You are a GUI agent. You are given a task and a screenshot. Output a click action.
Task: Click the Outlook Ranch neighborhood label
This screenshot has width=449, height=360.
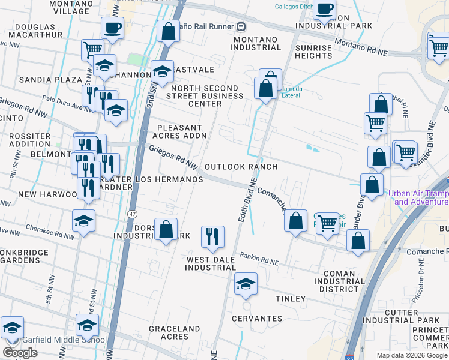tap(241, 167)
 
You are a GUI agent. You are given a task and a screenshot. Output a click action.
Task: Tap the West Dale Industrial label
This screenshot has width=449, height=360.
tap(215, 263)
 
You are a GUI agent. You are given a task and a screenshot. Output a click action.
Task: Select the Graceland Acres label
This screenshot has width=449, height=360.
tap(174, 332)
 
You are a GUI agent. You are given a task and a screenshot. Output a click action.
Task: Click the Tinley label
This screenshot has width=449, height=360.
tap(291, 299)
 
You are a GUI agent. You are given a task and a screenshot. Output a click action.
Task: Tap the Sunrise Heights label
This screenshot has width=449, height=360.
tap(313, 52)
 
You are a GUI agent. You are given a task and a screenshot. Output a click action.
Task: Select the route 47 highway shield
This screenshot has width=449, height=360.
tap(131, 214)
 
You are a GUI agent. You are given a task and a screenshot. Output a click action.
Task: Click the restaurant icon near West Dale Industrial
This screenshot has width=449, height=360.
tap(212, 237)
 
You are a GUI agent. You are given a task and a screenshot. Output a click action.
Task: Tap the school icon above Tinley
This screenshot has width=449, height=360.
tap(245, 284)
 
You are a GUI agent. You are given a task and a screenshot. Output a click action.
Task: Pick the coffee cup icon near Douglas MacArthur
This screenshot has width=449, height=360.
tap(112, 27)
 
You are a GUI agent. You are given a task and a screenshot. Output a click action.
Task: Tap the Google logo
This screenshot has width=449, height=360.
tap(20, 353)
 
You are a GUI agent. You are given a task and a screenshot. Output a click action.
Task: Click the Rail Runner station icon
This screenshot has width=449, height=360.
tap(240, 26)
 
